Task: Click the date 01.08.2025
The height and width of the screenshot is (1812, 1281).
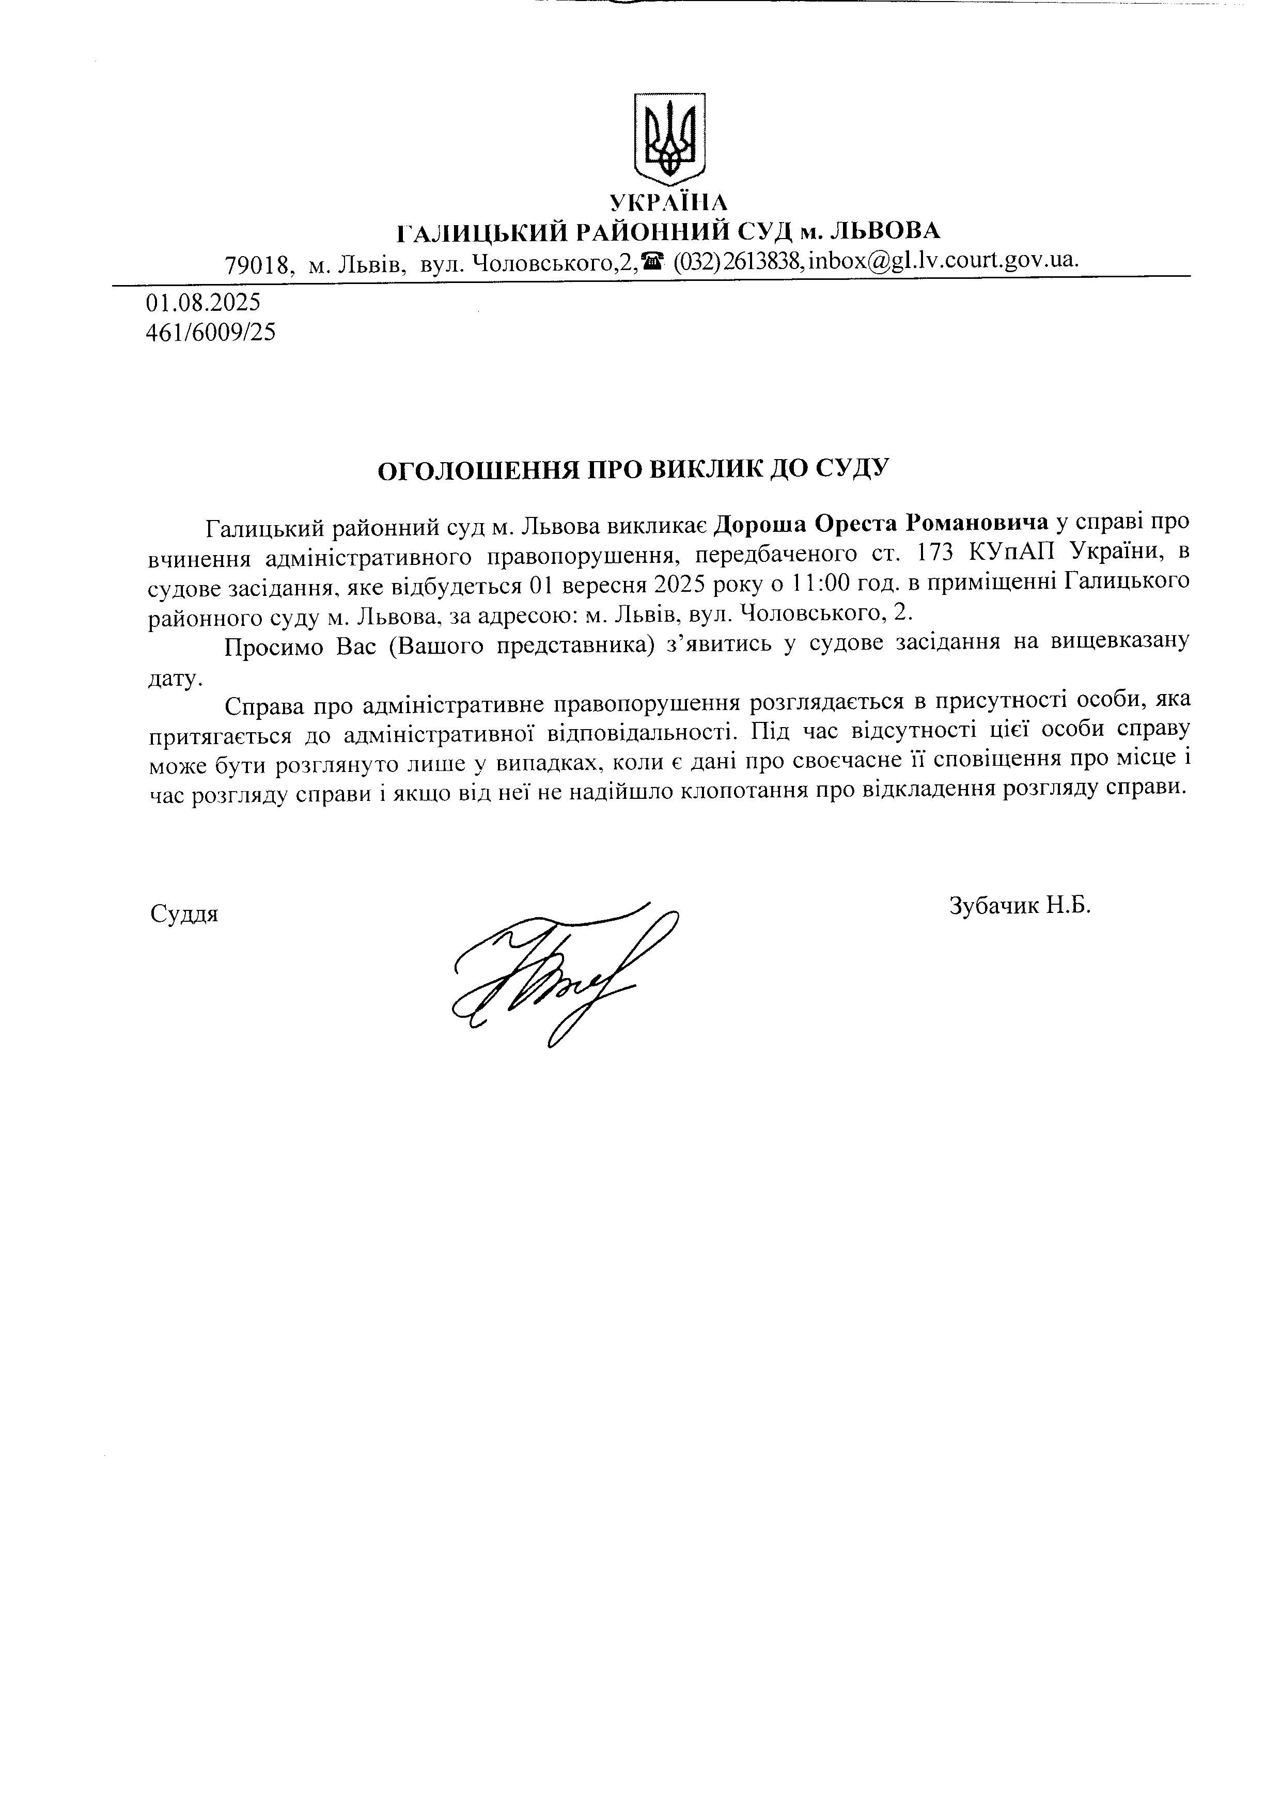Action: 203,302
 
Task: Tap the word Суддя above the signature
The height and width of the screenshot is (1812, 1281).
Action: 184,915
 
